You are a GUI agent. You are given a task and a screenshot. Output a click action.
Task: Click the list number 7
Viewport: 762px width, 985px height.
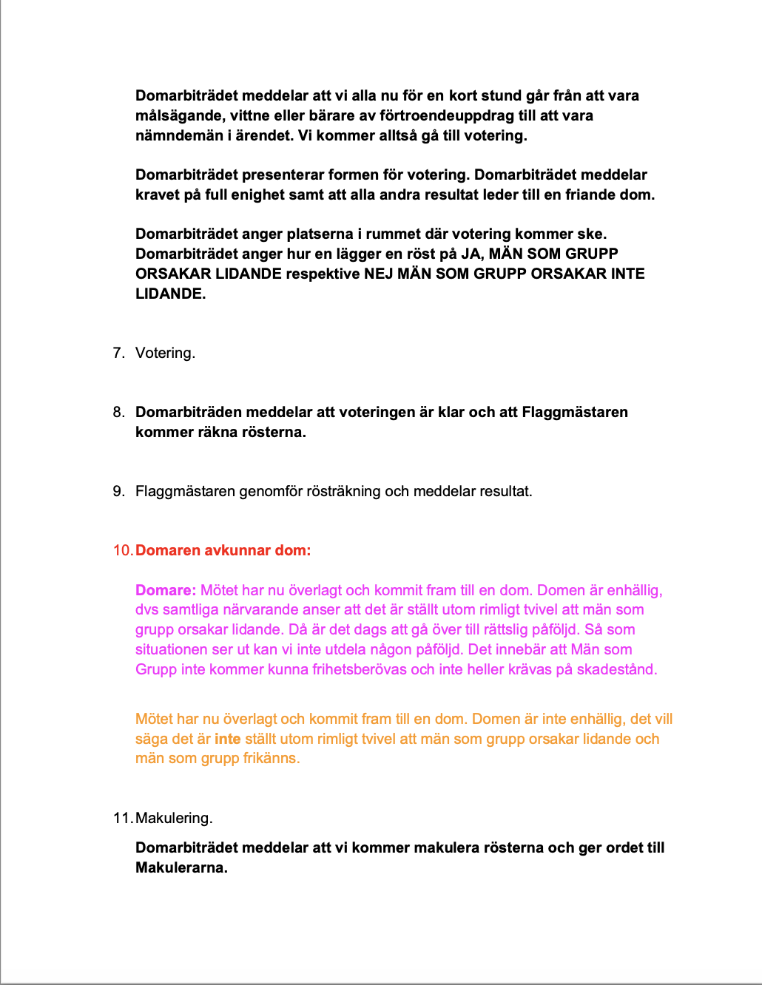click(x=118, y=353)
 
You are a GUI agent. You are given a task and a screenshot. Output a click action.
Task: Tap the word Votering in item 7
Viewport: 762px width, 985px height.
click(x=163, y=353)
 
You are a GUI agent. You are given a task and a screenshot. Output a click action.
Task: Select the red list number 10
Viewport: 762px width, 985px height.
click(x=122, y=550)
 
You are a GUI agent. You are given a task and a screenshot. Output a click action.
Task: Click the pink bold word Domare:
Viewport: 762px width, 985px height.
click(x=166, y=590)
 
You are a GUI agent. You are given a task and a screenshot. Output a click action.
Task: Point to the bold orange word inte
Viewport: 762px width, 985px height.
click(x=228, y=739)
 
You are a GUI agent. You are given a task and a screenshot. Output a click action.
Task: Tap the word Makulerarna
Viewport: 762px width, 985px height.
click(x=181, y=867)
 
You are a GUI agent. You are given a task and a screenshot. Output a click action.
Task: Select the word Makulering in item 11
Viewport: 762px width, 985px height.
click(x=173, y=818)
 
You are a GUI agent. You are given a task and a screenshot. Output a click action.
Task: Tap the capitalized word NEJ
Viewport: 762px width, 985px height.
click(x=379, y=274)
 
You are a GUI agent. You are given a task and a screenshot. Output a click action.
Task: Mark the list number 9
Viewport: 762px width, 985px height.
click(x=118, y=491)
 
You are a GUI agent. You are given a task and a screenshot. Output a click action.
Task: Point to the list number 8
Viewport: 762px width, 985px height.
click(x=118, y=412)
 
